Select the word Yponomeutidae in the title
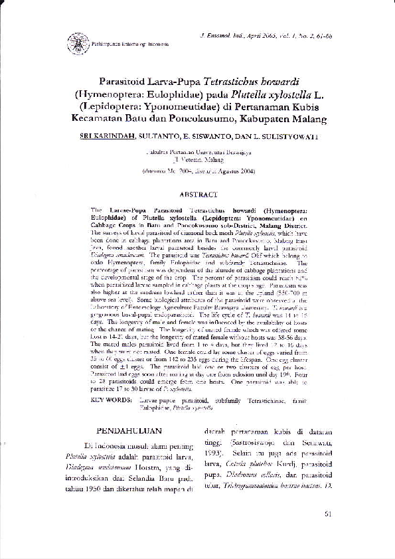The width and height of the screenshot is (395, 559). [193, 108]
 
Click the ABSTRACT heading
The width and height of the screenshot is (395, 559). [198, 195]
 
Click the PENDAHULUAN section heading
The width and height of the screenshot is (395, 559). [133, 430]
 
